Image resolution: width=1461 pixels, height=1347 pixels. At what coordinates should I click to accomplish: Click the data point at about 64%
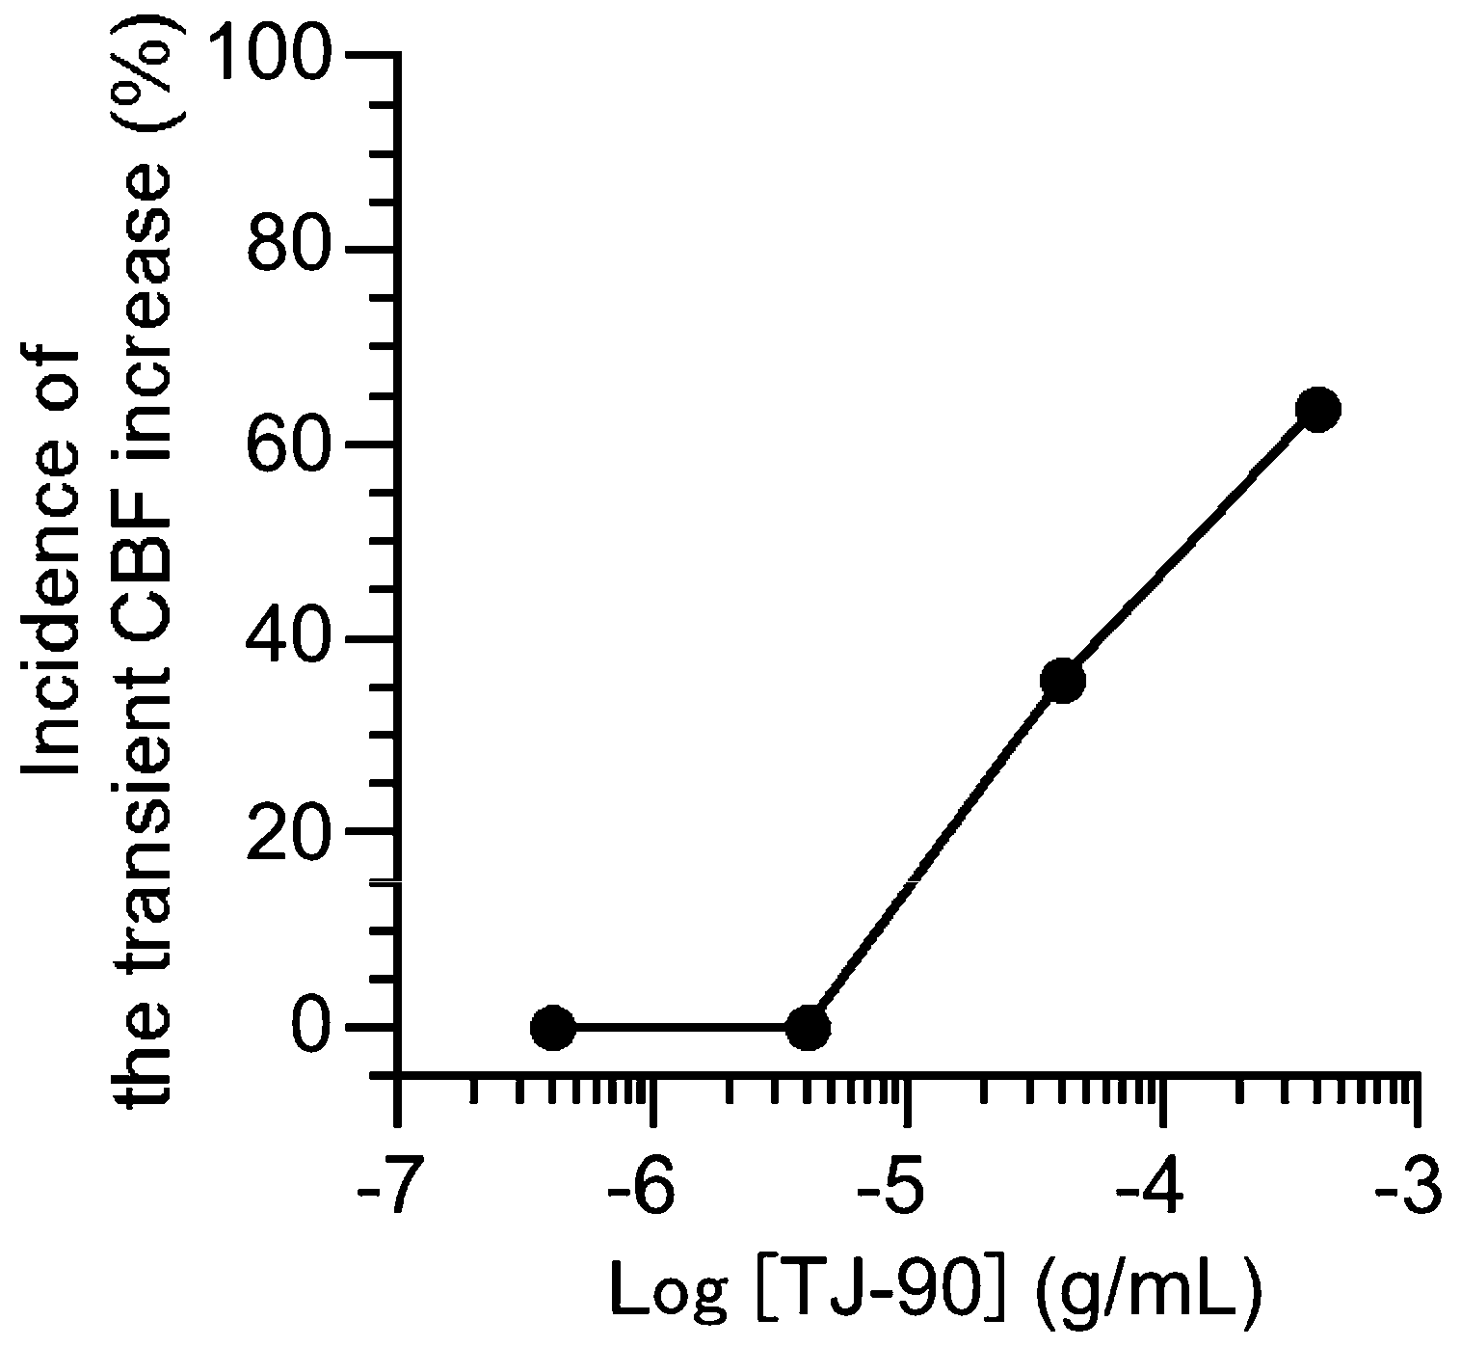[x=1317, y=409]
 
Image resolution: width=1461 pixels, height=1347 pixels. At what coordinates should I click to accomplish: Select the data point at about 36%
[x=1063, y=681]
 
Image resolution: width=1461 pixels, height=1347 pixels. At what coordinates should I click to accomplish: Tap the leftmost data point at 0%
[x=553, y=1028]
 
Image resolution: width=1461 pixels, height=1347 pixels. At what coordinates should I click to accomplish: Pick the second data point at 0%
[x=808, y=1028]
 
